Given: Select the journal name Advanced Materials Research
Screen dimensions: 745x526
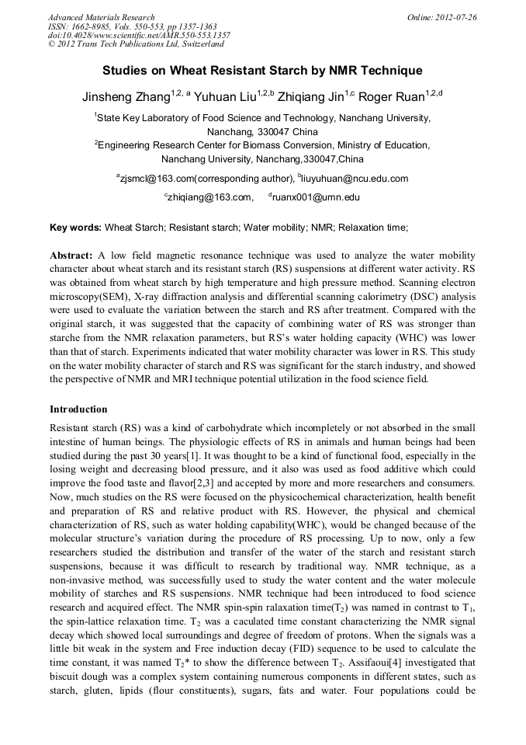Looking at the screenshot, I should coord(101,17).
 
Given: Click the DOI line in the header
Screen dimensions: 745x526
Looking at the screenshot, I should coord(139,36).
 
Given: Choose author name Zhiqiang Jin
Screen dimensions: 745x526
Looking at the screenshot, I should coord(313,98).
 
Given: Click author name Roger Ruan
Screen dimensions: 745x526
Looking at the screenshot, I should coord(397,98).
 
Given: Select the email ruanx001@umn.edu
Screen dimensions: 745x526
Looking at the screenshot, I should coord(317,198).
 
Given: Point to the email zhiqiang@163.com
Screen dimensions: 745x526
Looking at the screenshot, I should coord(209,198).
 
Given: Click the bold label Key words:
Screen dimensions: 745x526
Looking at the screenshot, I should coord(75,228).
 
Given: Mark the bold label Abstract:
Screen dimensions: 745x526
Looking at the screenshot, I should coord(71,255).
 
